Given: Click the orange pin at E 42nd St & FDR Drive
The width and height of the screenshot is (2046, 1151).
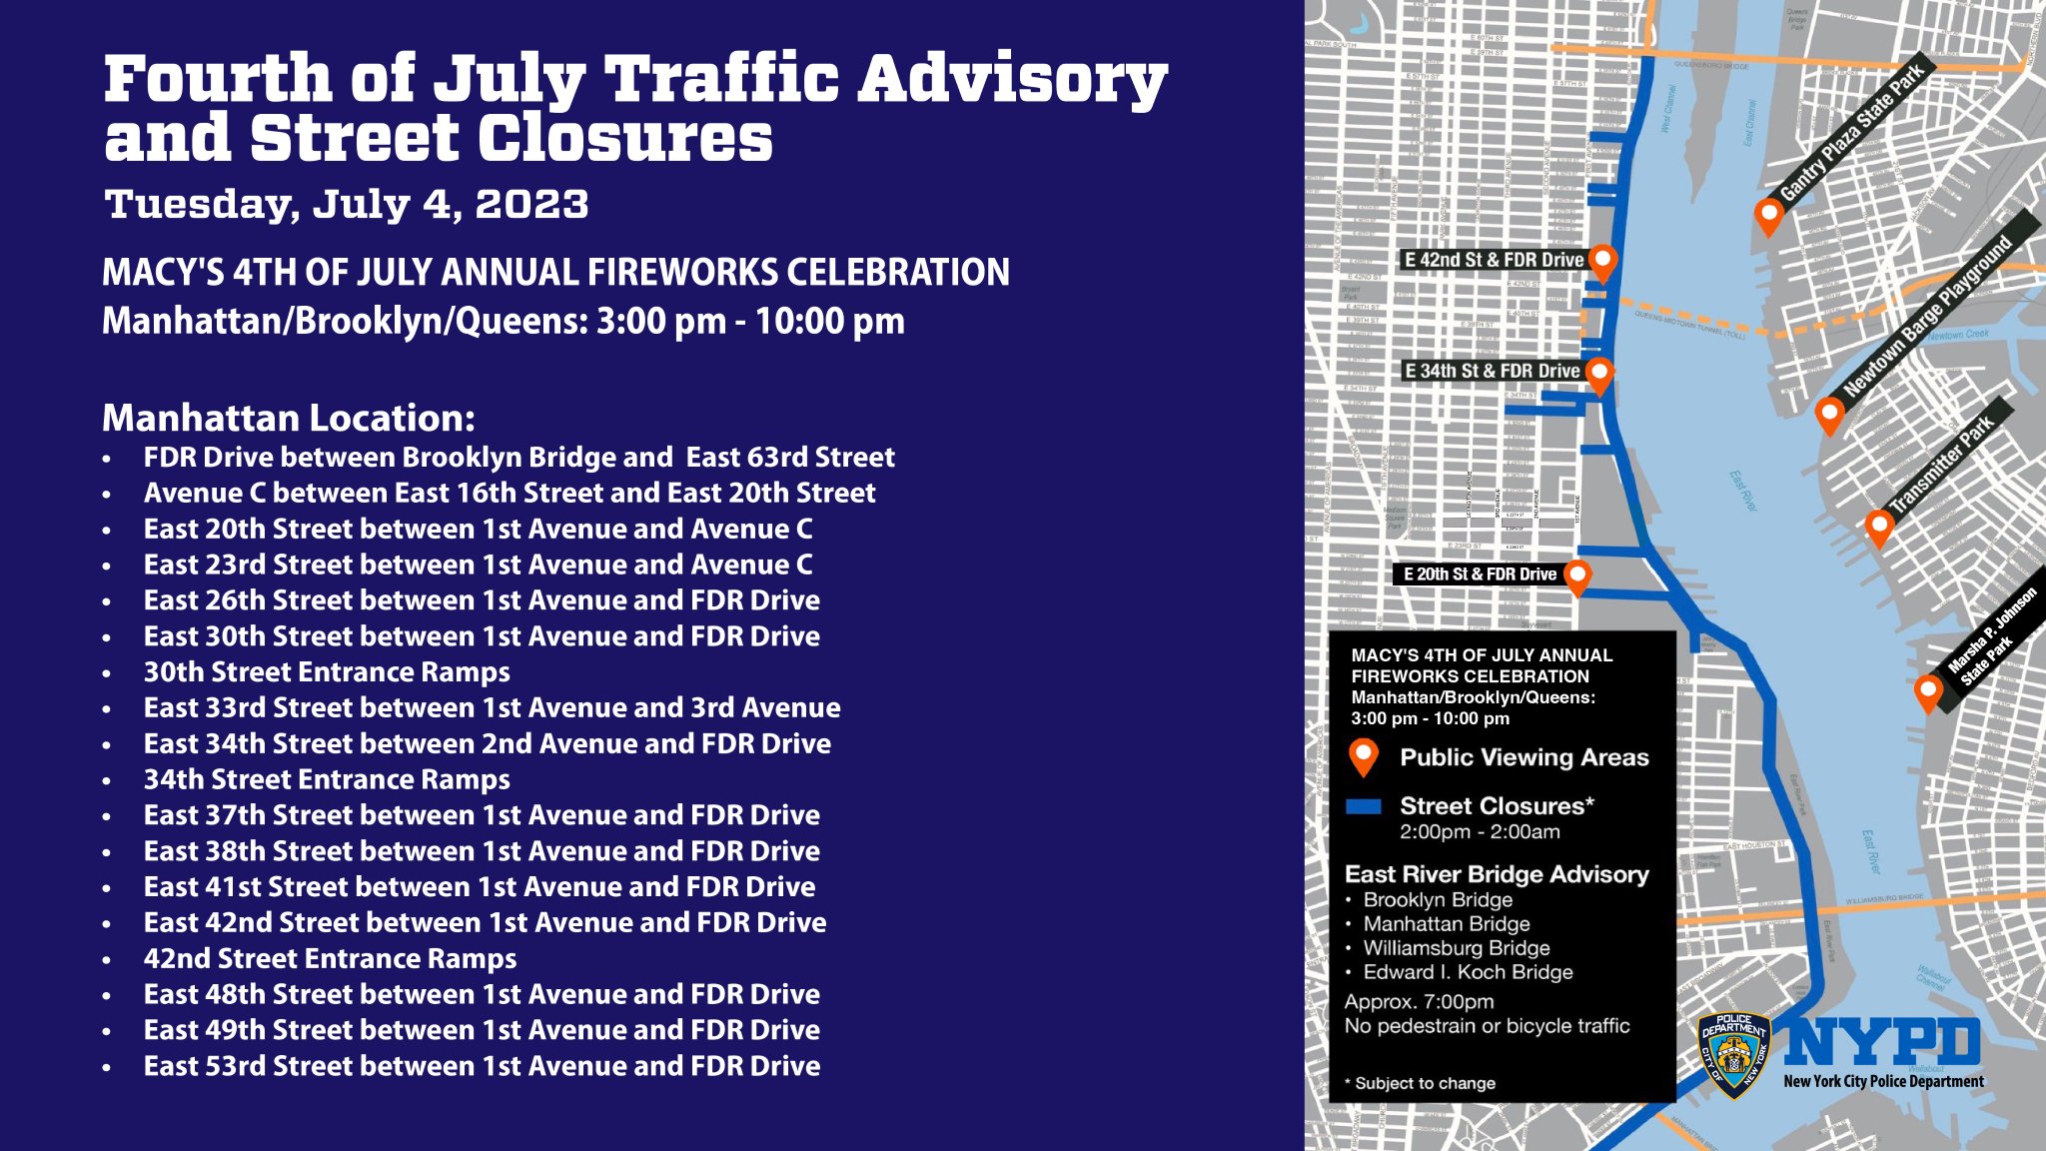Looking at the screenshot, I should click(1602, 262).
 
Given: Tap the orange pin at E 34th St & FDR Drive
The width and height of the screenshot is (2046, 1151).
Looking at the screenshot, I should click(1598, 374).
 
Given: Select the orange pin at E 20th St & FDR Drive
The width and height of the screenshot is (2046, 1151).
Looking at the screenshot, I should click(1576, 575).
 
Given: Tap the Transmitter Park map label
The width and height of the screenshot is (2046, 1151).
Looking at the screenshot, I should click(1942, 466).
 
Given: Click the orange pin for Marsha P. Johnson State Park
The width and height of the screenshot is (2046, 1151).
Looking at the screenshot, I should click(1928, 691).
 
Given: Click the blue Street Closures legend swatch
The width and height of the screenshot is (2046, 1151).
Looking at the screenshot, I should click(1363, 806).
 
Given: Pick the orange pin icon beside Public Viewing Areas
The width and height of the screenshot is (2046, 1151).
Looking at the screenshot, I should click(1363, 756).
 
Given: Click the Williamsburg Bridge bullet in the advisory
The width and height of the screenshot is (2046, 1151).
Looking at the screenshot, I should click(1456, 948).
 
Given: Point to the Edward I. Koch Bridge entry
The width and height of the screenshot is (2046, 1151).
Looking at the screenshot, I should click(1468, 972).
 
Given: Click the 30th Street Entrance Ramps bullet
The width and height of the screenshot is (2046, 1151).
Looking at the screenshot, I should click(327, 672).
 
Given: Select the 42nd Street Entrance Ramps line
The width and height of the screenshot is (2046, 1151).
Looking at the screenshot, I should click(330, 959).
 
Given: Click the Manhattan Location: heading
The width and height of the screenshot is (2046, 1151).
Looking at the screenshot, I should click(289, 418).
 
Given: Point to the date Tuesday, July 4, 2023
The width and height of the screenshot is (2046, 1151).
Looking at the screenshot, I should click(347, 204).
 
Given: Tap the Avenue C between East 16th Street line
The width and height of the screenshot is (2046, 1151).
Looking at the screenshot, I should click(510, 494).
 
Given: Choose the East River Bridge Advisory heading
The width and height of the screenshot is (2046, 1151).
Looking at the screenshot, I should click(1497, 874).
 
